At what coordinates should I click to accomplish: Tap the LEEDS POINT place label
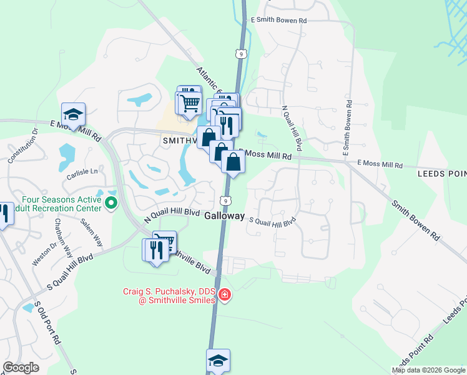coord(440,176)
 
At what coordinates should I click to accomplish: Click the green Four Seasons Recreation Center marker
coord(112,202)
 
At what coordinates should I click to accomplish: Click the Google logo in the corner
coord(21,367)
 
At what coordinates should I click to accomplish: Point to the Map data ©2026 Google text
coord(428,369)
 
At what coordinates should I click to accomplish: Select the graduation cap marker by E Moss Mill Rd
coord(73,114)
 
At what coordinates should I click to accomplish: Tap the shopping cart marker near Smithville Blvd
coord(164,242)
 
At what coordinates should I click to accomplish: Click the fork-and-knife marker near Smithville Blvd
coord(155,250)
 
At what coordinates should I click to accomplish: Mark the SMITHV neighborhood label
coord(180,141)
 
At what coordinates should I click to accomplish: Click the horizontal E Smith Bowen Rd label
coord(278,21)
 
